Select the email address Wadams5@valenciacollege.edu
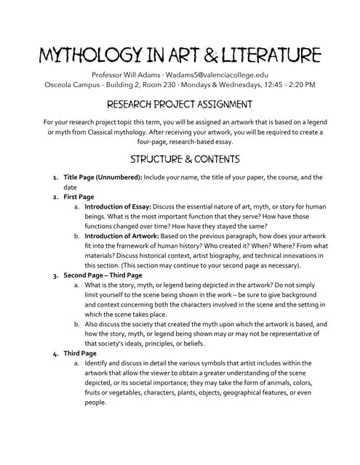tap(220, 74)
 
